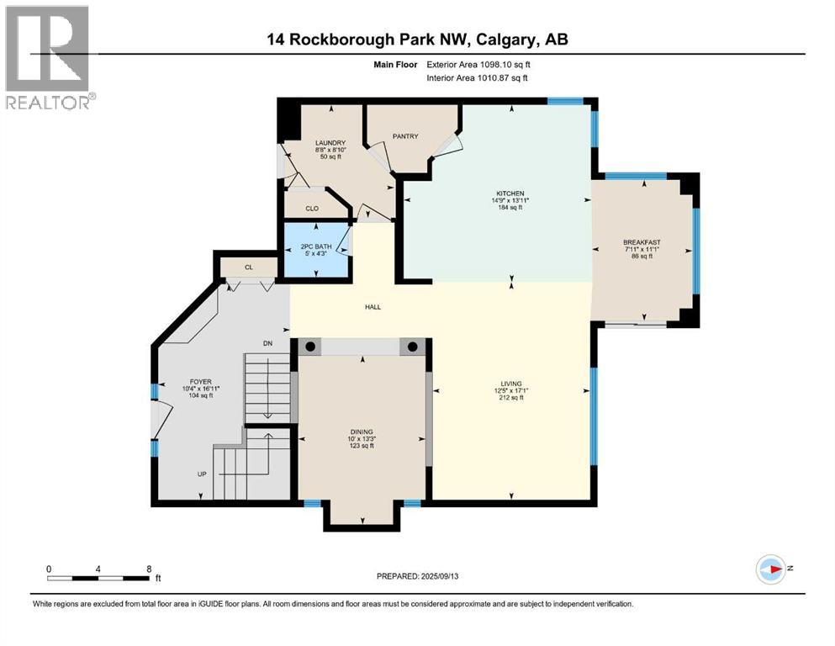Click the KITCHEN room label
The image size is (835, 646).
point(510,193)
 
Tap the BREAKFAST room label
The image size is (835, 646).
point(642,242)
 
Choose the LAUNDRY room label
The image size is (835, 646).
point(330,143)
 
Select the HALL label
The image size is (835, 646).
point(373,307)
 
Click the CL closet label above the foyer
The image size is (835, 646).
point(248,267)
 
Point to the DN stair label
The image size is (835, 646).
point(268,343)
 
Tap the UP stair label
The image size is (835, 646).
point(202,474)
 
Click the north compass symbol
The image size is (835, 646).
point(770,569)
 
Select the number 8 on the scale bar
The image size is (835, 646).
point(149,569)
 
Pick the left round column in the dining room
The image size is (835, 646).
point(311,347)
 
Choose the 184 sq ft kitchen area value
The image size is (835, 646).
point(510,208)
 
